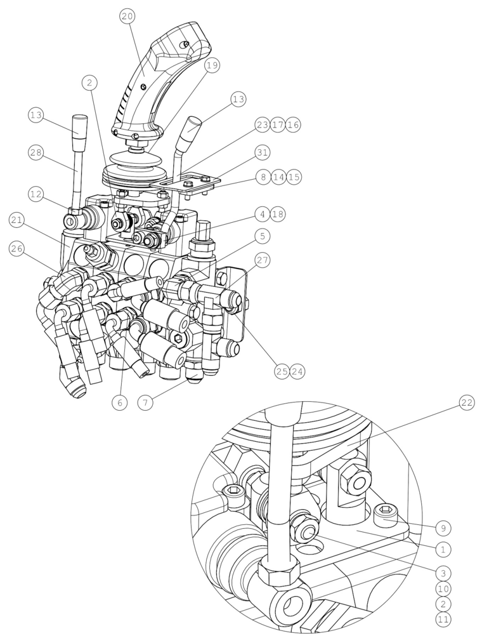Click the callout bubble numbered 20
click(127, 17)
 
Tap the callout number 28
click(36, 153)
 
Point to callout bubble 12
click(36, 195)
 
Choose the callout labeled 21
click(16, 220)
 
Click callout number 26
click(16, 248)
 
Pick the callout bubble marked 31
click(262, 152)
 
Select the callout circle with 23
click(263, 124)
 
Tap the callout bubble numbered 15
click(294, 177)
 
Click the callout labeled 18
click(278, 215)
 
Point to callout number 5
click(262, 236)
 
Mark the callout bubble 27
click(262, 260)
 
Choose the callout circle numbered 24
click(297, 371)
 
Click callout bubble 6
click(119, 402)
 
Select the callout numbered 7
click(145, 402)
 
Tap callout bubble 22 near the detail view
click(467, 402)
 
